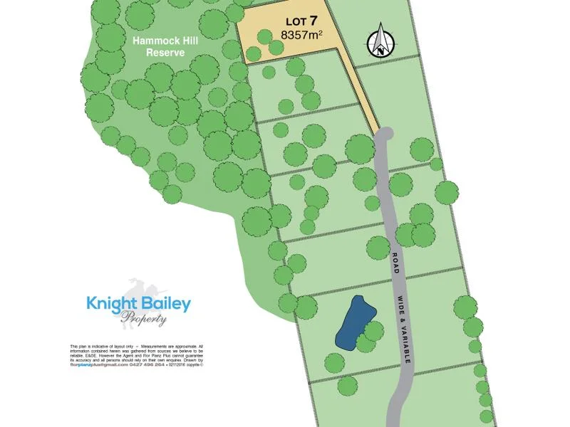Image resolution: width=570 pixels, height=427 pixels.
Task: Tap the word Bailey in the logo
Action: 165,305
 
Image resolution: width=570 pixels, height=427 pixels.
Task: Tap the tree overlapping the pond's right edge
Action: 374,330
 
